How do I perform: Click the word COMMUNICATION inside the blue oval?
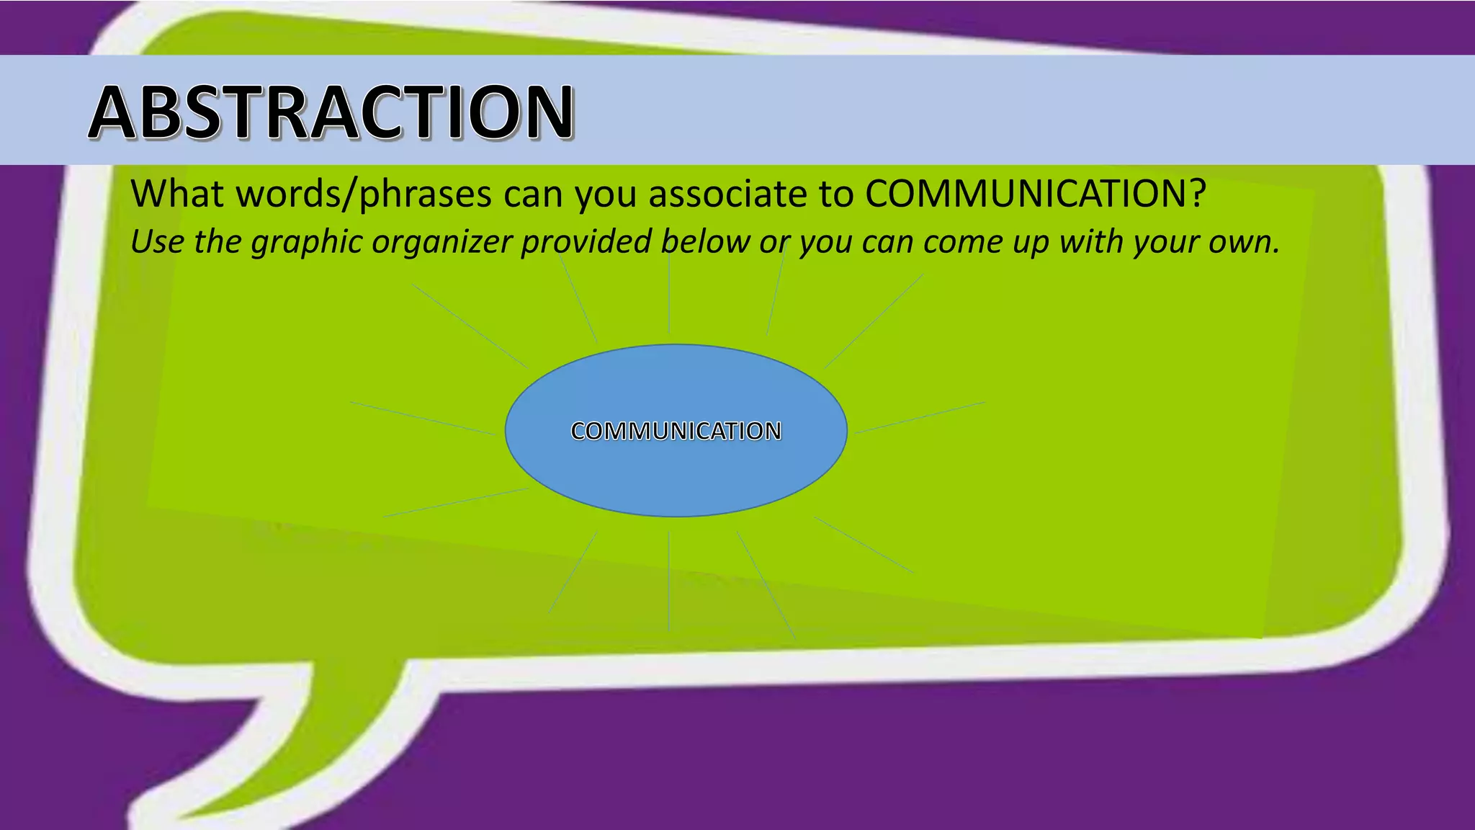pyautogui.click(x=676, y=431)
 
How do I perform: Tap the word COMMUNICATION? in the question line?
pyautogui.click(x=1035, y=193)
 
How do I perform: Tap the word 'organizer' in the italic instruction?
pyautogui.click(x=441, y=241)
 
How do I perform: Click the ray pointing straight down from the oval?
pyautogui.click(x=669, y=581)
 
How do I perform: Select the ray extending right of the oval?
pyautogui.click(x=920, y=417)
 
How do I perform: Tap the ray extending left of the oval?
pyautogui.click(x=422, y=418)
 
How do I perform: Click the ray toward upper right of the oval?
pyautogui.click(x=874, y=321)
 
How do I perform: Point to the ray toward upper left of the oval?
pyautogui.click(x=470, y=326)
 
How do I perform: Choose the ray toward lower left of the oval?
pyautogui.click(x=456, y=502)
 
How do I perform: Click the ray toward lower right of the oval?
pyautogui.click(x=864, y=545)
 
